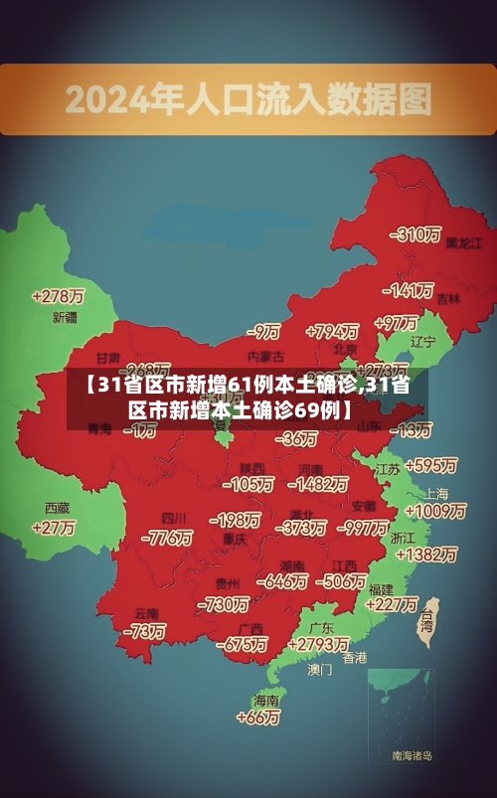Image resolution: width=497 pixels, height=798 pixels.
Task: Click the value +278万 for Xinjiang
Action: pos(58,296)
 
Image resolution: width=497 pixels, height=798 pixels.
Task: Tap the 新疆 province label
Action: pos(64,318)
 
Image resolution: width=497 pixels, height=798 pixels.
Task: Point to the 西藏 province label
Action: pos(57,507)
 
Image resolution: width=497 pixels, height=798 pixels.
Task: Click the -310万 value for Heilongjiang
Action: pos(416,235)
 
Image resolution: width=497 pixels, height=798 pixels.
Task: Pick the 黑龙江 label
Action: pos(464,241)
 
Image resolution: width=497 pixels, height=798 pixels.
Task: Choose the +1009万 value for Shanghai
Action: pos(436,511)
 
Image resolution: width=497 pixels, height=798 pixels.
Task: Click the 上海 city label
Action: pos(436,494)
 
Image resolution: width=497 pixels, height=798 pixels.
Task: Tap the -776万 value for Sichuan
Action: pos(166,539)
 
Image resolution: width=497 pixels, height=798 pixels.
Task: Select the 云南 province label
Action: pos(147,612)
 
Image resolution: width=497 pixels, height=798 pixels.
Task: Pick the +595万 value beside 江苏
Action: pos(429,465)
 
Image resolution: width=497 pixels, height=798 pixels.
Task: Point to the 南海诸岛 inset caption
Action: pos(413,755)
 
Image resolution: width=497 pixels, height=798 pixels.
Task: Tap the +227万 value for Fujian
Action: pos(392,603)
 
